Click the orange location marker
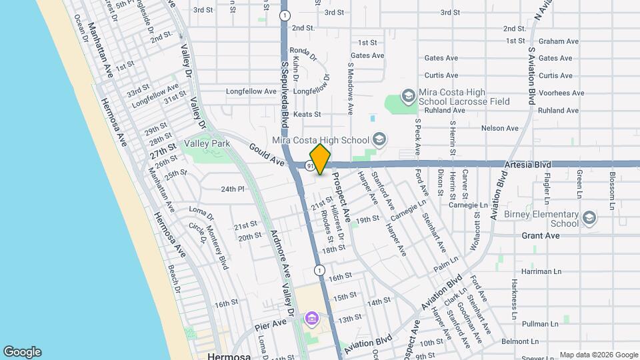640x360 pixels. [321, 159]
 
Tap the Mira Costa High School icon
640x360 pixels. [379, 139]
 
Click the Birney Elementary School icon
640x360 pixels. [589, 219]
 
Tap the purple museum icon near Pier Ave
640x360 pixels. [311, 319]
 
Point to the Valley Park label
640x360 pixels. [207, 143]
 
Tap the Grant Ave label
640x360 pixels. [541, 236]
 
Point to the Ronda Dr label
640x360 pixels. [301, 53]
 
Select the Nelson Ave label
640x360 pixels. [499, 128]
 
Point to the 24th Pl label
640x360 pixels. [233, 189]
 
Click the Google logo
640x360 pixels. [22, 352]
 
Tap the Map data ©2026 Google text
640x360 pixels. [599, 355]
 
